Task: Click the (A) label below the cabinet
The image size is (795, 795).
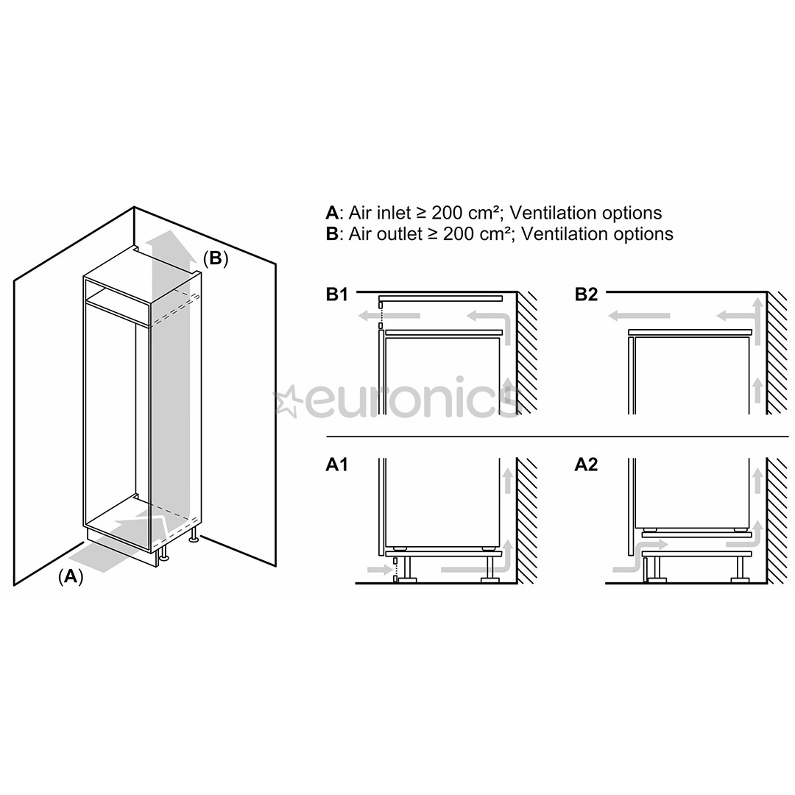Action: click(x=71, y=576)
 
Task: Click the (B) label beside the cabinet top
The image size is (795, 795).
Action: click(x=215, y=258)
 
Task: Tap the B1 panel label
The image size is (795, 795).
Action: click(x=336, y=295)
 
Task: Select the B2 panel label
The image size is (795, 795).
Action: click(x=586, y=295)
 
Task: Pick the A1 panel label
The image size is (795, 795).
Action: click(x=336, y=464)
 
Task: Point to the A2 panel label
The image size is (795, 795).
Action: click(x=586, y=464)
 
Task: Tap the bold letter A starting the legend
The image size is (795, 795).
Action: click(x=332, y=213)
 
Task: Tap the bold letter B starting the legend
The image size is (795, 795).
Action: click(x=332, y=234)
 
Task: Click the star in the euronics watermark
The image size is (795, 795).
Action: click(x=287, y=402)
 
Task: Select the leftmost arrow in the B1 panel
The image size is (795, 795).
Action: click(x=389, y=317)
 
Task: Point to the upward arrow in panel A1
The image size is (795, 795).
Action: click(x=507, y=478)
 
